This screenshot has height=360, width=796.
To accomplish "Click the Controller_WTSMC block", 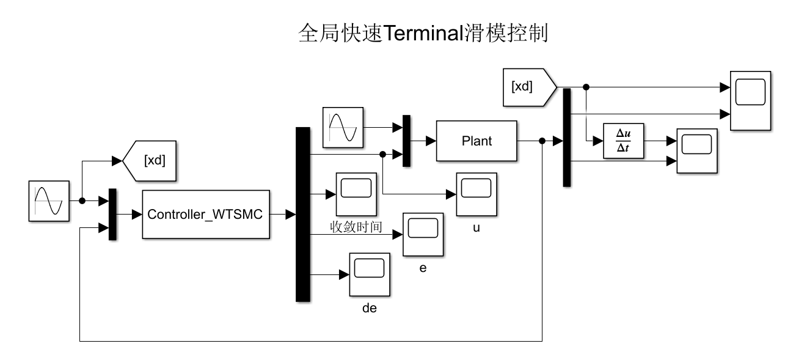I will (206, 215).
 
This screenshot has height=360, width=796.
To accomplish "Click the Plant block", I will (477, 141).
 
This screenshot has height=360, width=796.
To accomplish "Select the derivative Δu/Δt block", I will (624, 141).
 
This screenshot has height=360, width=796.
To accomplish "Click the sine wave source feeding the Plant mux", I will (343, 128).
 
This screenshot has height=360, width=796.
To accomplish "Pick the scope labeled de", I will (369, 273).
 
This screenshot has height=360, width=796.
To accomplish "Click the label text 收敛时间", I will (356, 228).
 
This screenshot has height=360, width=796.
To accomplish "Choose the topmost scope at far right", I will (751, 100).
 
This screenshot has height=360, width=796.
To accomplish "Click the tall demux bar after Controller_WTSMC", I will (303, 214).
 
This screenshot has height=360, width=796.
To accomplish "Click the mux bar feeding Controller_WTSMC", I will (112, 215).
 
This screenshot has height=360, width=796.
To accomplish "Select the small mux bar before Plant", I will (406, 141).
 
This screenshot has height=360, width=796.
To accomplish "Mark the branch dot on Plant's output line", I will (542, 141).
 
